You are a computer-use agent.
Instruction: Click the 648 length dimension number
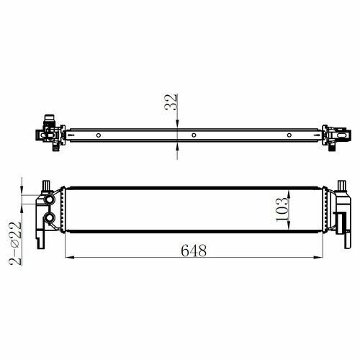194,251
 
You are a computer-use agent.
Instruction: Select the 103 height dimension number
282,210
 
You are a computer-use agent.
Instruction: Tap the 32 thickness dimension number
171,102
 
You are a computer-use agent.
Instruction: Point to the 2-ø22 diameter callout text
15,243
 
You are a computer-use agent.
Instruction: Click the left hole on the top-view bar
99,135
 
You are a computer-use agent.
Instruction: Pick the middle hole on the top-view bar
194,135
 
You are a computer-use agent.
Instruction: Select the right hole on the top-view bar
289,135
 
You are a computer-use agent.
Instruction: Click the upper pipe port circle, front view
50,199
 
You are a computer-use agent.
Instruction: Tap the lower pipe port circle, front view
50,218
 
